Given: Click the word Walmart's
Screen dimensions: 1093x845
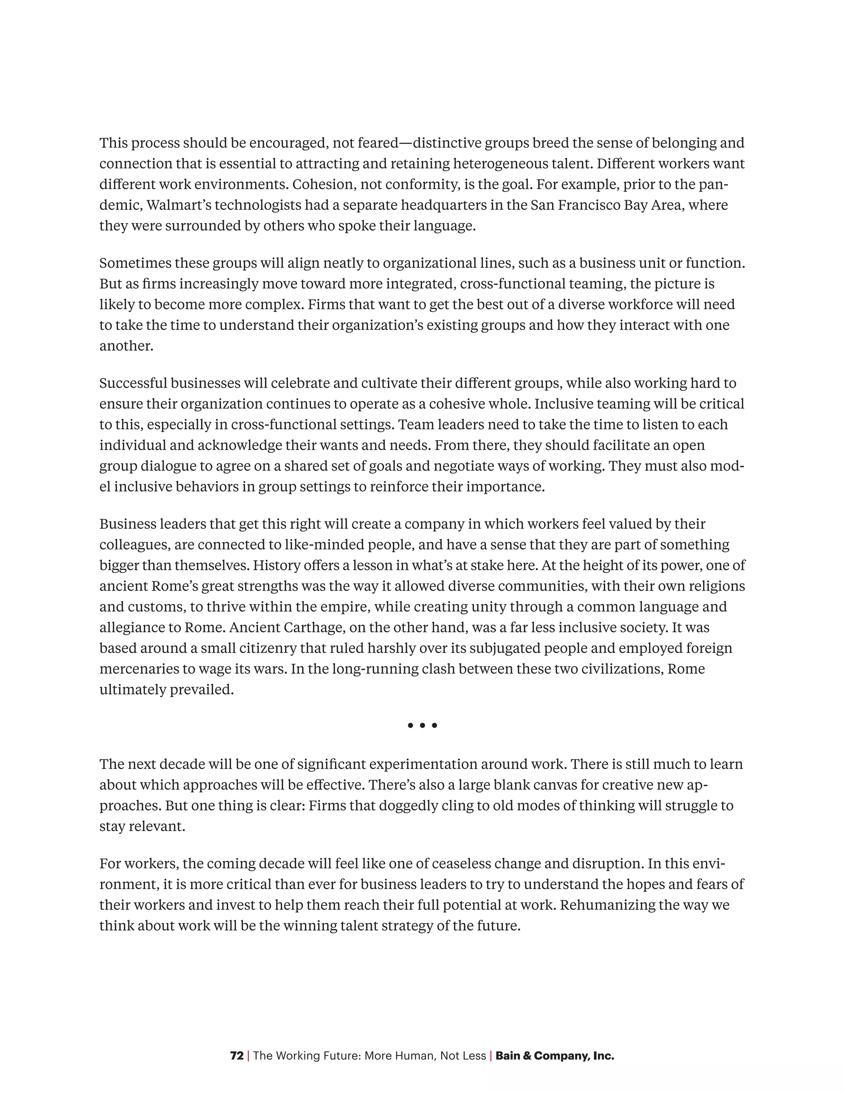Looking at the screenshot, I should click(178, 205).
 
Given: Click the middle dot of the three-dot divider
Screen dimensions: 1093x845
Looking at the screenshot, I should click(422, 725).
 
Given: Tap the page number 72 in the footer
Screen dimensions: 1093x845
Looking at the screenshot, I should click(237, 1056).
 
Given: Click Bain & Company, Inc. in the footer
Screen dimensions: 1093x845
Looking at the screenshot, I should click(555, 1056).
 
